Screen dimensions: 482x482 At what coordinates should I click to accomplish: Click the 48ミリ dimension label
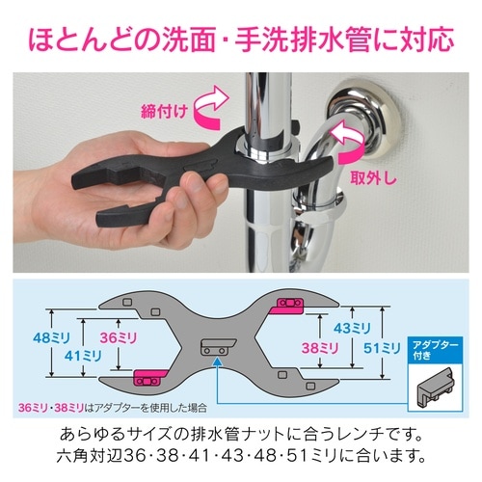pos(52,338)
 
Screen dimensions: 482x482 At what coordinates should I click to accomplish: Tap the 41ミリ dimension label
pos(83,356)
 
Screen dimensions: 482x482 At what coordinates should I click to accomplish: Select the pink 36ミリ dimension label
pos(119,337)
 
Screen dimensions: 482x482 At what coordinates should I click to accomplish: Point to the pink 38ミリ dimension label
pos(320,348)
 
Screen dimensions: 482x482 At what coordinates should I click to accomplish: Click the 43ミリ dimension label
pos(352,328)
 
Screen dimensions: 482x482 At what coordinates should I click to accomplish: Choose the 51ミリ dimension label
pos(382,348)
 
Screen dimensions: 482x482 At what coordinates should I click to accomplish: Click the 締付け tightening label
pos(164,112)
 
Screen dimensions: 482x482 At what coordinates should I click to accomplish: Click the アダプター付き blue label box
pos(435,350)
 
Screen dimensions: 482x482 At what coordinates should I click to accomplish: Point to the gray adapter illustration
pos(436,388)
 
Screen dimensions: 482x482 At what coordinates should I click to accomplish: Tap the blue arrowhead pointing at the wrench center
pos(218,362)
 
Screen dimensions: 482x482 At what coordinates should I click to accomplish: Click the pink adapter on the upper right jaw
pos(288,306)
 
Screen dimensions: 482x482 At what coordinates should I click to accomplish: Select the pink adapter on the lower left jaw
pos(149,378)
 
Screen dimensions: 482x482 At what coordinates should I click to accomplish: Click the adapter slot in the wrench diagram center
pos(219,347)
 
